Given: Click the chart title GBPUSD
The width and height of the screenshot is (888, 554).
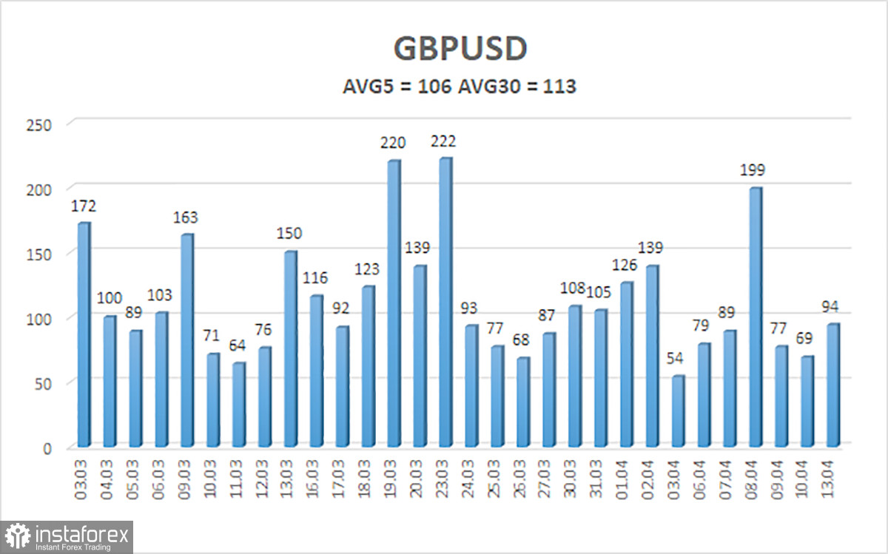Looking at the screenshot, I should [x=460, y=49].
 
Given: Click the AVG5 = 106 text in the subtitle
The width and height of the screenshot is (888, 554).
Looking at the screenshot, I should [x=397, y=87].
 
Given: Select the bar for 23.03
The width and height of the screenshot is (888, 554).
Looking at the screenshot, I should [x=445, y=303].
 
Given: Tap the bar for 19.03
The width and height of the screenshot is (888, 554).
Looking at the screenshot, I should [x=393, y=304].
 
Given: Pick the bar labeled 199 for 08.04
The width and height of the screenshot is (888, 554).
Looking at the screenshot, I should [x=755, y=318].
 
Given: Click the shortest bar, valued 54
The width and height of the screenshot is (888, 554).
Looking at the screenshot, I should [x=677, y=411].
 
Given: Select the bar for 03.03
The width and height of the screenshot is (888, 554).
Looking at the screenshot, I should [x=83, y=335].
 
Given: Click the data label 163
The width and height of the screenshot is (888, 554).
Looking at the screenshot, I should [x=185, y=218].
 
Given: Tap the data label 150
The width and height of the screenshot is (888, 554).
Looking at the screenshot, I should [x=289, y=234].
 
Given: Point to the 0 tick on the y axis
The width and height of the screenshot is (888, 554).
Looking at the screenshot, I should [x=46, y=447].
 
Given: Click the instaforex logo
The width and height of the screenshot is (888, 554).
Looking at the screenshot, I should [x=67, y=536].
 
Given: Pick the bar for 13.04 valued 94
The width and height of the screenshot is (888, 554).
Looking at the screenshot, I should [x=832, y=385].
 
